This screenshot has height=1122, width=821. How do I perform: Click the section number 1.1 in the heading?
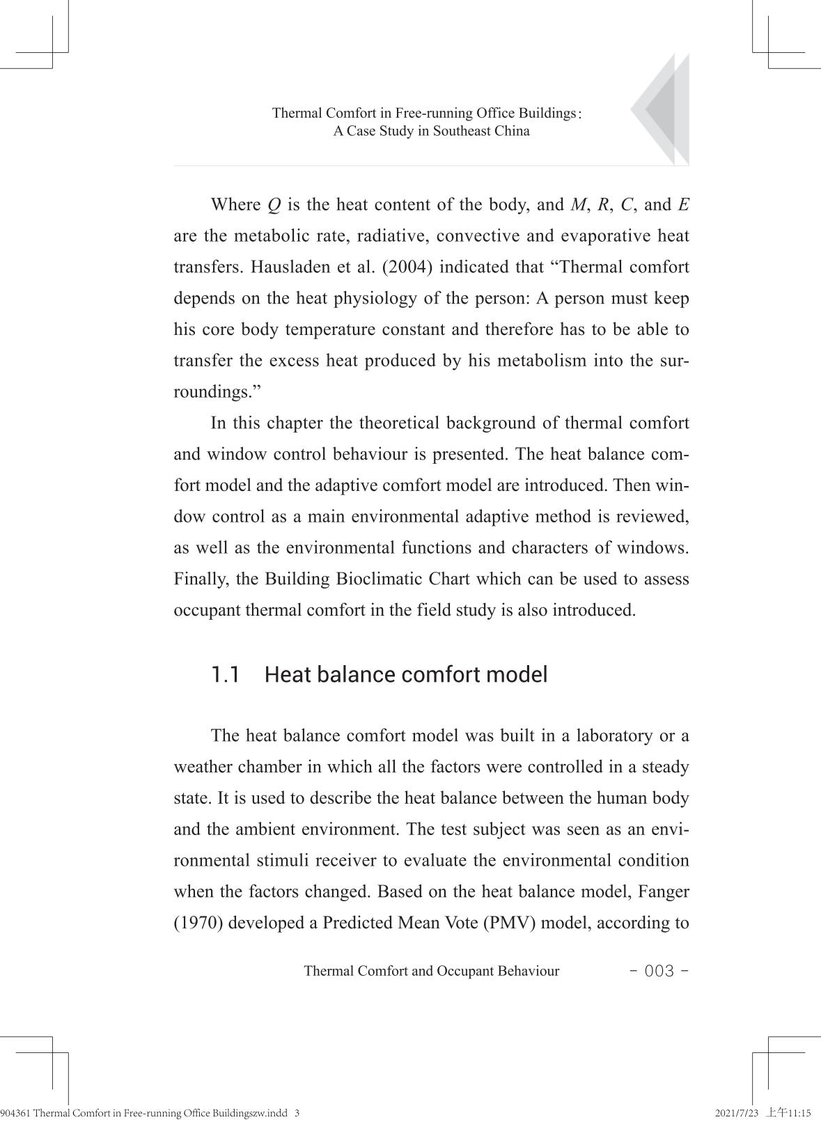(x=226, y=675)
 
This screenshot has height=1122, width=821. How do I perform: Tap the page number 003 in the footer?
(x=659, y=971)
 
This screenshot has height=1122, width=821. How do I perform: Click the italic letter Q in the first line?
(x=274, y=205)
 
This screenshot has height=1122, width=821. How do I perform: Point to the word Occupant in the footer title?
(x=465, y=971)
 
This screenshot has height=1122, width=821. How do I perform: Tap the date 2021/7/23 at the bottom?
(x=736, y=1113)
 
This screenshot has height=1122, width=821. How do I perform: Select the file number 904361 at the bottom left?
(x=15, y=1113)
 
